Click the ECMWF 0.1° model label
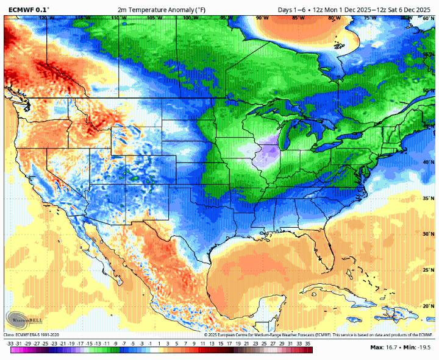(29, 10)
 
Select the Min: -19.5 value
(418, 347)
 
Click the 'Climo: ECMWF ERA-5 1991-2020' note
(32, 334)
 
